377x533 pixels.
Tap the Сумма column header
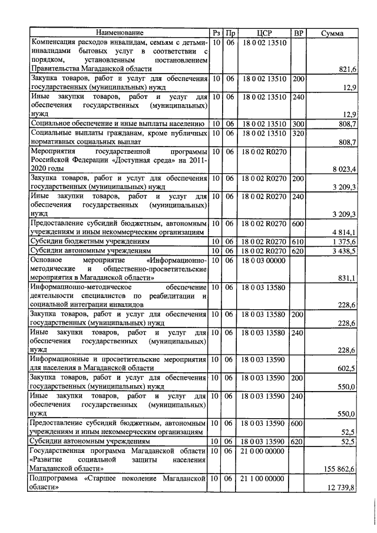[332, 33]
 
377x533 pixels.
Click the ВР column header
[298, 33]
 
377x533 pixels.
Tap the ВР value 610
[298, 242]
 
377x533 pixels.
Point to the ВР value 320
[298, 134]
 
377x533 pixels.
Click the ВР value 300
[298, 124]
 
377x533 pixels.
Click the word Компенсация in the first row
[57, 42]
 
